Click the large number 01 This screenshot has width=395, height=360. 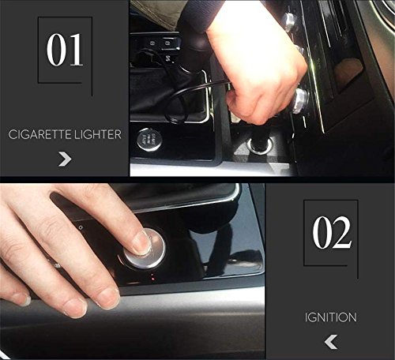coord(65,49)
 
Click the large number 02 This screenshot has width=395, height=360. coord(332,232)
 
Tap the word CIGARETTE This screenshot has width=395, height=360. coord(39,134)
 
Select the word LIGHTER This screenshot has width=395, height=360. coord(98,134)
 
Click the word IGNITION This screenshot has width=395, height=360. coord(331,317)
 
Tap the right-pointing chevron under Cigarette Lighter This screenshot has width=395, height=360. coord(65,159)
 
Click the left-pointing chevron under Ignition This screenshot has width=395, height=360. coord(331,342)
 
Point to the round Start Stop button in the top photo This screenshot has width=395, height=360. coord(149,140)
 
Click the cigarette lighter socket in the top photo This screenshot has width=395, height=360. coord(260,145)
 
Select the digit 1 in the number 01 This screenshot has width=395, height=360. coord(76,49)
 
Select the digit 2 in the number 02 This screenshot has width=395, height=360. coord(341,232)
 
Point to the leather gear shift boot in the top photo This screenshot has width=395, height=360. coord(168,92)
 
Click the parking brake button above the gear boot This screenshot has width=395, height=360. coord(167,43)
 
